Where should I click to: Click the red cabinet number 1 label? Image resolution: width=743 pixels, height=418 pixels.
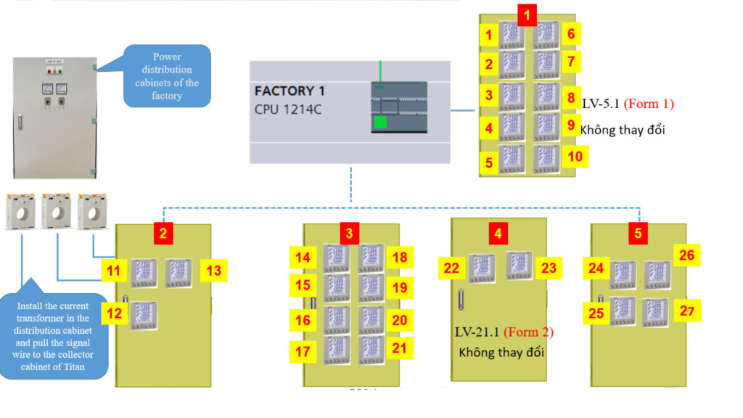coord(527,13)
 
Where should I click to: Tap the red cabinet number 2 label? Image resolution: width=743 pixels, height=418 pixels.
coord(164,234)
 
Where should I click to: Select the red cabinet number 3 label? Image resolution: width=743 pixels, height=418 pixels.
coord(349,234)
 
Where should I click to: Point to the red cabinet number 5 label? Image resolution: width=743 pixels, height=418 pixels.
coord(638,234)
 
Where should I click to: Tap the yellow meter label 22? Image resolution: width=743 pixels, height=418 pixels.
coord(451,269)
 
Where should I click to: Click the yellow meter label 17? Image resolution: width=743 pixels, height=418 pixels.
coord(303,352)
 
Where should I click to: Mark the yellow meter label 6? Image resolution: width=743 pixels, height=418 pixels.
coord(571,33)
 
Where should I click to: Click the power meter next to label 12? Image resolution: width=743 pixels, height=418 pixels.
coord(144,316)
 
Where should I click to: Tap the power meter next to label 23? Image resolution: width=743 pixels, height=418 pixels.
coord(519,266)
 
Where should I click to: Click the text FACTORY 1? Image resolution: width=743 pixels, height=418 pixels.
coord(290,91)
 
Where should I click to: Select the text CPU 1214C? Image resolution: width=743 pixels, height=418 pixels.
coord(287,110)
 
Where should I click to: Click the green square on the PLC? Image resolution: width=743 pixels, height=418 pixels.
coord(380,123)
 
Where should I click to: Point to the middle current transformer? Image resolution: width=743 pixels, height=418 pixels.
coord(57,210)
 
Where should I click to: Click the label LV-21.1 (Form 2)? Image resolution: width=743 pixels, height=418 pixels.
coord(504,332)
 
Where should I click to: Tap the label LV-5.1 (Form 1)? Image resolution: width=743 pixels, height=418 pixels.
coord(628,104)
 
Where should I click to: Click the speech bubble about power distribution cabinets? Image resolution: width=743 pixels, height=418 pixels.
coord(167,75)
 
